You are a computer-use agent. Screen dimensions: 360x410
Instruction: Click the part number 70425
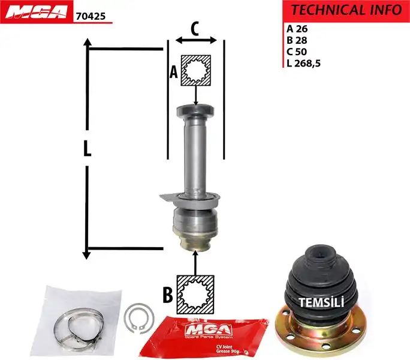91,17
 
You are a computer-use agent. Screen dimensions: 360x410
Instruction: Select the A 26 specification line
300,28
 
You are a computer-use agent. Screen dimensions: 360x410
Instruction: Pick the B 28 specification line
300,40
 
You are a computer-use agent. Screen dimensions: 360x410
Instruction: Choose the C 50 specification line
300,52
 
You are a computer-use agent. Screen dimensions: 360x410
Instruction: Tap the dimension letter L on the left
88,149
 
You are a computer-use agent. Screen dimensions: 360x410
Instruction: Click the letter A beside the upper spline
174,72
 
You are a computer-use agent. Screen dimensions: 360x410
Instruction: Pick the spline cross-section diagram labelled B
196,293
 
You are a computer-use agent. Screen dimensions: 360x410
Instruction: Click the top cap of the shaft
195,110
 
